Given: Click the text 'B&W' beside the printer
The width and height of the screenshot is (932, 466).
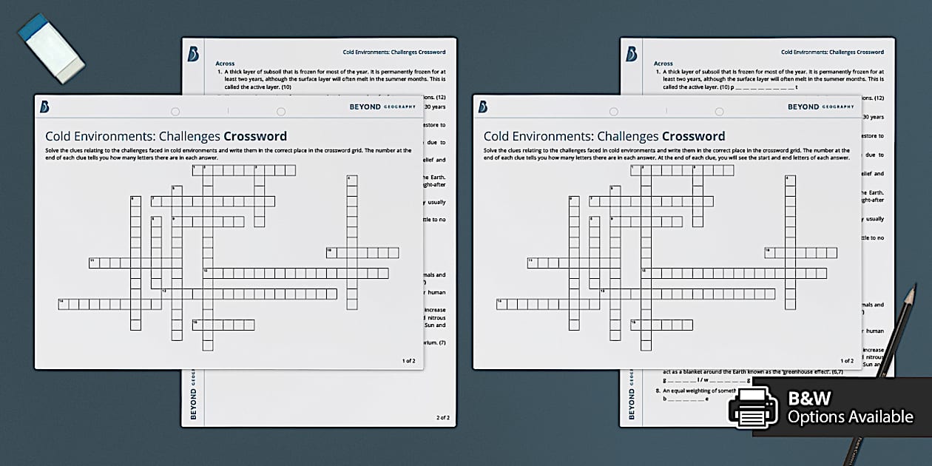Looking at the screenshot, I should click(809, 399).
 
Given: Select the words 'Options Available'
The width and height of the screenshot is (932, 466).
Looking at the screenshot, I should click(850, 417).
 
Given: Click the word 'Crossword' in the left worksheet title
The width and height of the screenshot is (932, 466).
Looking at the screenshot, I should click(255, 136).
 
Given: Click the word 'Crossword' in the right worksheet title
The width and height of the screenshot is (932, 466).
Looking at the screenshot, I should click(693, 136).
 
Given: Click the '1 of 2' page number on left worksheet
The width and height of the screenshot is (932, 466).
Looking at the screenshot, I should click(408, 361).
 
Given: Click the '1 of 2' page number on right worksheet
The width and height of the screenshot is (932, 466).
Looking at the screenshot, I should click(847, 361).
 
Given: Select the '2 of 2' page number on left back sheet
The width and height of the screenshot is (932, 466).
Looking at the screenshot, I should click(442, 418).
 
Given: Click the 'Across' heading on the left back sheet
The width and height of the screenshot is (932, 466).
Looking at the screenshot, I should click(225, 64).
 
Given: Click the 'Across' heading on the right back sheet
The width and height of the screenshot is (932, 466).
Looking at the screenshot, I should click(663, 64).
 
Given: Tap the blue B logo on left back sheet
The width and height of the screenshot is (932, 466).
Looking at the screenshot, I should click(194, 54).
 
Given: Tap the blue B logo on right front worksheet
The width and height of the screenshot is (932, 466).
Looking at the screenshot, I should click(482, 107).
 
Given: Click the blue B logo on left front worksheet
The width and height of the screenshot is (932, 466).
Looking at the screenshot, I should click(44, 107).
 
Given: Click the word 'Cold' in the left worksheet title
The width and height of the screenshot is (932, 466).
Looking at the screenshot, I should click(58, 136).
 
